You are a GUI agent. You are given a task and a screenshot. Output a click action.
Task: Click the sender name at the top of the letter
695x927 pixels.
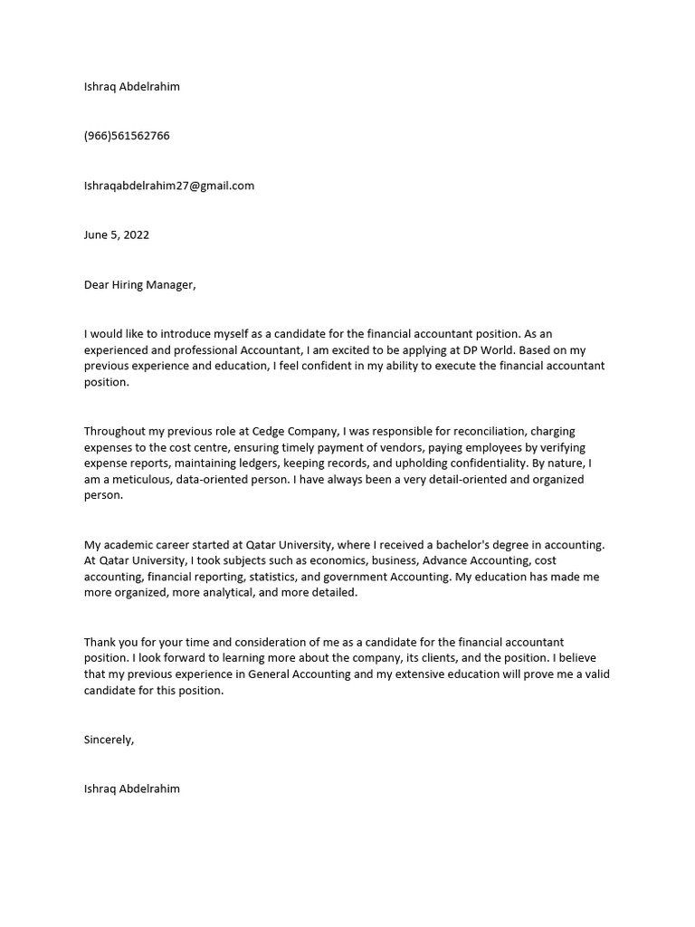pos(131,87)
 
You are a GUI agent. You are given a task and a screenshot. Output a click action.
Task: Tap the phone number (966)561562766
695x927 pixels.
pos(127,136)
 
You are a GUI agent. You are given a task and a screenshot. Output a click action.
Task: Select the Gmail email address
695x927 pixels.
pos(169,186)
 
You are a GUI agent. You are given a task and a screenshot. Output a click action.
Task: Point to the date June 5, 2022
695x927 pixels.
pos(117,234)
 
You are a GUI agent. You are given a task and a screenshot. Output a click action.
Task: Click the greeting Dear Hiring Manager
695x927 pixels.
pos(139,284)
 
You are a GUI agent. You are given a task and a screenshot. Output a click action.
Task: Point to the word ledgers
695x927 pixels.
pos(268,463)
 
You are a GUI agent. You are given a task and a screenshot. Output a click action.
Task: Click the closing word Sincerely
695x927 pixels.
pos(109,740)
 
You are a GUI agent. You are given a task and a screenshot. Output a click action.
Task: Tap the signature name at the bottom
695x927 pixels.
pos(131,788)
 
